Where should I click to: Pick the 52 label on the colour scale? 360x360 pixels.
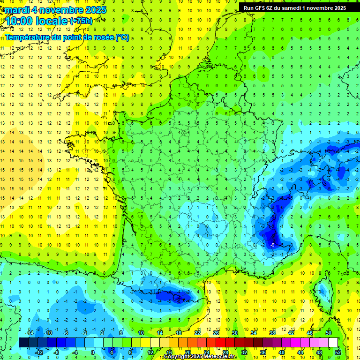tap(338, 352)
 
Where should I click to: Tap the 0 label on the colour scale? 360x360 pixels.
tap(93, 352)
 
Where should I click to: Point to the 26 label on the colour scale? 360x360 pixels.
tap(216, 333)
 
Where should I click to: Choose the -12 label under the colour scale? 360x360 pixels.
tap(39, 352)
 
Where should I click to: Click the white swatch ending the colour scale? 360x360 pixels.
tap(333, 343)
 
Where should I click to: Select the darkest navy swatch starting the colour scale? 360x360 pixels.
tap(23, 343)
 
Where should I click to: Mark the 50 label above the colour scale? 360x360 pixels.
tap(329, 333)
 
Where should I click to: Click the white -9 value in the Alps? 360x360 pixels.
tap(272, 245)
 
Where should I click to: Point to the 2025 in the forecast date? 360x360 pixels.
tap(94, 10)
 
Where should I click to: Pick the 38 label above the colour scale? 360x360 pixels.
tap(272, 333)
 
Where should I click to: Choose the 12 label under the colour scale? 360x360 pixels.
tap(150, 352)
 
